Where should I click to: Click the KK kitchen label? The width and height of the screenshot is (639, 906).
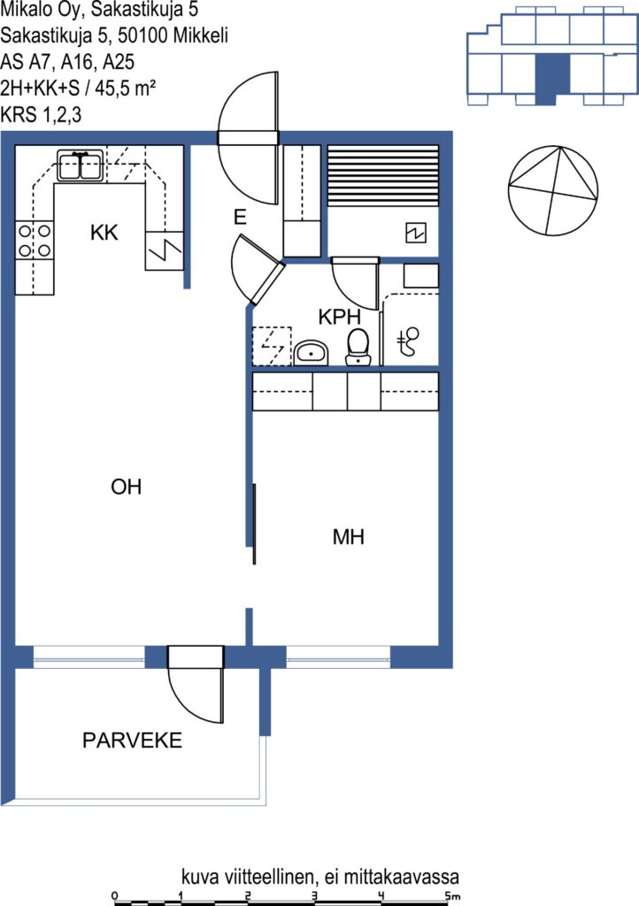tap(104, 233)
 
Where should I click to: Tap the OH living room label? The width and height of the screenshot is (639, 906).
tap(126, 487)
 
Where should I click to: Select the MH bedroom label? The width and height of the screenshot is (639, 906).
tap(349, 537)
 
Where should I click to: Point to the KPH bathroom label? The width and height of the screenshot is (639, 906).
tap(340, 317)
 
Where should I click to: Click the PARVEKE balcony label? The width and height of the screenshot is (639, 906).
tap(132, 741)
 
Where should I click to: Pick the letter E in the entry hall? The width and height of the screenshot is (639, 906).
tap(240, 217)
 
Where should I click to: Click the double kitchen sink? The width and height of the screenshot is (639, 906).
tap(81, 165)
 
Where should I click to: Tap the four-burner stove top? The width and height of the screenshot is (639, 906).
tap(35, 241)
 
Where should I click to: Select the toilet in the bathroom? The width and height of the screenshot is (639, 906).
tap(358, 347)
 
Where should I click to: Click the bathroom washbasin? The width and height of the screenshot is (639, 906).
tap(311, 352)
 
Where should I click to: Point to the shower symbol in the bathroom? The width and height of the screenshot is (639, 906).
tap(409, 341)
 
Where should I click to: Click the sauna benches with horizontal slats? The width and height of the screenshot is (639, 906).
tap(383, 176)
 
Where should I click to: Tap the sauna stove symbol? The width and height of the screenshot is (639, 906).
tap(416, 233)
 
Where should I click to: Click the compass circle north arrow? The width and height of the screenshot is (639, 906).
tap(552, 191)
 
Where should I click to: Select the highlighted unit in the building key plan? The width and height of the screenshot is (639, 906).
tap(552, 80)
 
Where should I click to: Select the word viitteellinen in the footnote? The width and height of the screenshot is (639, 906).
tap(269, 877)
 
